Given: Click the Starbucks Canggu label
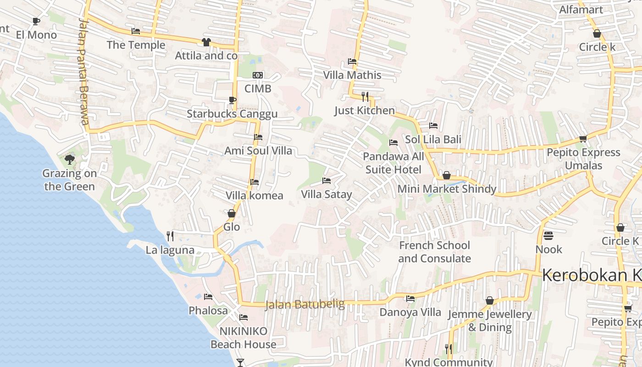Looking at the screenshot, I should [x=232, y=114].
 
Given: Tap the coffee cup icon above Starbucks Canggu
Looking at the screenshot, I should [x=232, y=100].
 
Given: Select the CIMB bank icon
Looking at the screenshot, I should [x=258, y=75].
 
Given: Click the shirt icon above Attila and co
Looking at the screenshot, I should [x=206, y=42].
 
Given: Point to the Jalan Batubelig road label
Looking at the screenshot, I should [x=305, y=305].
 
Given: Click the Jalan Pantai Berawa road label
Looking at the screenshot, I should [x=83, y=71].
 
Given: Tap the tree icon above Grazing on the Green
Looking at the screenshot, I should [x=70, y=160].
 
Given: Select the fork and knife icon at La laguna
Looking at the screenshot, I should [x=170, y=236].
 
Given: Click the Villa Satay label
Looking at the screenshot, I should [x=327, y=195].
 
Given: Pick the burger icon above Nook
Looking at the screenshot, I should [x=548, y=236].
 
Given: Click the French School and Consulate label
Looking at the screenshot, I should [x=434, y=252].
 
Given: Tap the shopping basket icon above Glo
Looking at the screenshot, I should [x=232, y=213].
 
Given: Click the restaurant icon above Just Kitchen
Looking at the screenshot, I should [x=365, y=96].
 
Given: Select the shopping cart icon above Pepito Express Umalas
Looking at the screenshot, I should [x=583, y=139].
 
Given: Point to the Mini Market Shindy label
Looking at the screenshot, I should [x=447, y=189].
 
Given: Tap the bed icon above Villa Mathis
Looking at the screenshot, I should [x=352, y=61].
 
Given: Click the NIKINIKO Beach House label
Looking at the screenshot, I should [x=243, y=338].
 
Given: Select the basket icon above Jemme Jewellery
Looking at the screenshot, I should [x=490, y=300].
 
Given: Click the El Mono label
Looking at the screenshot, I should [x=36, y=35].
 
